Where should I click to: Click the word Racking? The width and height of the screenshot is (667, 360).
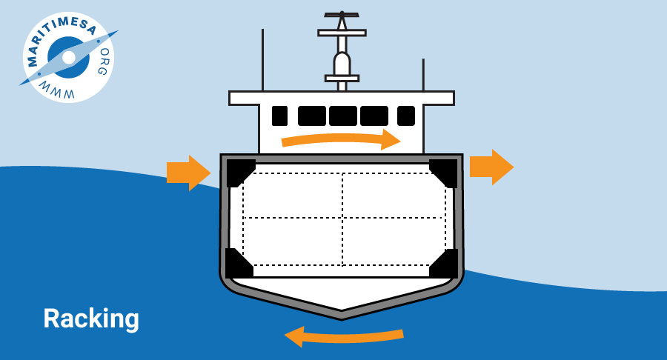point(91,319)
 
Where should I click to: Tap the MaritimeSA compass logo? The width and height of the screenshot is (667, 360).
point(68,57)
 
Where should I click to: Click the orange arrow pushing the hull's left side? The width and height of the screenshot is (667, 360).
point(188,173)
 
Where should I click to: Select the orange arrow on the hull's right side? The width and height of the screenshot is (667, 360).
point(492,167)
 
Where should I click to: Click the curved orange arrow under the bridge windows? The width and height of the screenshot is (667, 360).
point(341,139)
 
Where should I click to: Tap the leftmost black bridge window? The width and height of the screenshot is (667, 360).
point(279,116)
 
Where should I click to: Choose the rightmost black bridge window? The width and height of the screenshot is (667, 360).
point(406,116)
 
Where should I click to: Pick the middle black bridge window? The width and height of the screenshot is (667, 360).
point(343,116)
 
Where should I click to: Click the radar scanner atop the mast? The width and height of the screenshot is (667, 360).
point(342,15)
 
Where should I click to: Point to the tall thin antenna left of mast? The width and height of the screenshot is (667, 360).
point(262,60)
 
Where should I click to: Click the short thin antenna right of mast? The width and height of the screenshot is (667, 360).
point(423,75)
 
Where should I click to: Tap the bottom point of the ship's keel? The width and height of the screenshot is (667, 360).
point(342,319)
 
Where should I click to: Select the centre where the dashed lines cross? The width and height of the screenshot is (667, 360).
point(342,218)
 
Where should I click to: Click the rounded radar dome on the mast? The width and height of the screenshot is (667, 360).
point(342,63)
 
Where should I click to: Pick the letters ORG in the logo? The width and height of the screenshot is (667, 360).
point(103,61)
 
